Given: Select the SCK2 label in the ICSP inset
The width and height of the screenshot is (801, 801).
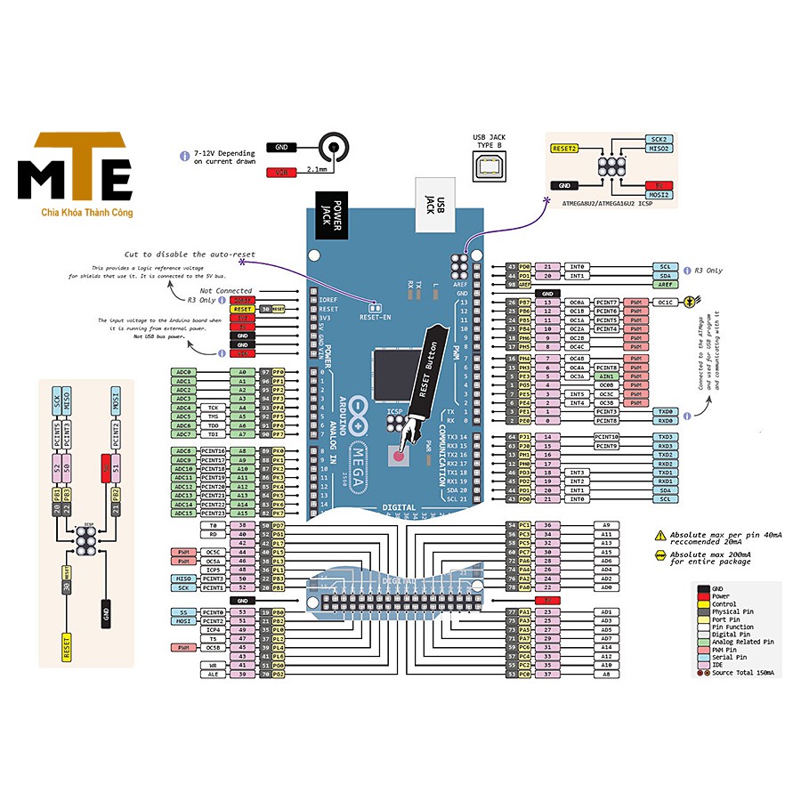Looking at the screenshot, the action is point(659,140).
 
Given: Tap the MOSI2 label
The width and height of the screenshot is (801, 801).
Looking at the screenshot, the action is point(659,194).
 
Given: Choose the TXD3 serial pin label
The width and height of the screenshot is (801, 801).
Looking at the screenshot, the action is point(665,437).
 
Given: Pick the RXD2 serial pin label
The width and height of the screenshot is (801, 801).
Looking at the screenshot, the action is point(665,464).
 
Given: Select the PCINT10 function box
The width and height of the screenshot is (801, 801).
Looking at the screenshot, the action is point(608,437).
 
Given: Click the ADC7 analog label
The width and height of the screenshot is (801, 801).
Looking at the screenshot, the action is point(183,434).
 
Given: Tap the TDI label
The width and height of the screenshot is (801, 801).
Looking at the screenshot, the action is point(214,434).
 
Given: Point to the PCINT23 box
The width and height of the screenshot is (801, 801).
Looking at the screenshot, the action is point(214,514).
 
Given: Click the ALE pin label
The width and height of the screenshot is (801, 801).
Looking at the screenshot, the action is point(214,675).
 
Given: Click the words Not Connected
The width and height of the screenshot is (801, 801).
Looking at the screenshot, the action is point(226,291).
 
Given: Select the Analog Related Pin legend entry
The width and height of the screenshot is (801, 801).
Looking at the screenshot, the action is point(743,641).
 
